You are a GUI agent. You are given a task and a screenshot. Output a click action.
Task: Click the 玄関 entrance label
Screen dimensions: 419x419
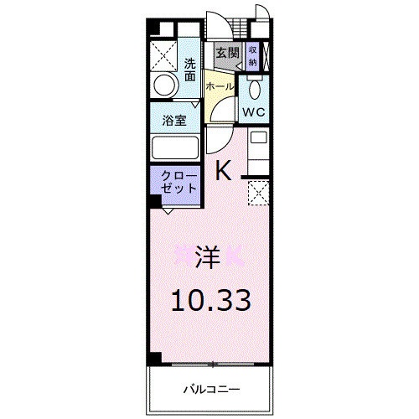coord(226,53)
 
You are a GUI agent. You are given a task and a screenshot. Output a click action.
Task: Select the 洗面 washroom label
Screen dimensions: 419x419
coord(190,69)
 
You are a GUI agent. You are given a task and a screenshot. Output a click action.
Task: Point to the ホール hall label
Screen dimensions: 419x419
coord(219,87)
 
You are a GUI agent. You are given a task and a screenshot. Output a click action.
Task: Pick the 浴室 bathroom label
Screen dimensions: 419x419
coord(174,120)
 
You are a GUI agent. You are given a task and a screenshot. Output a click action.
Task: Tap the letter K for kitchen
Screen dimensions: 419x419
coord(224,171)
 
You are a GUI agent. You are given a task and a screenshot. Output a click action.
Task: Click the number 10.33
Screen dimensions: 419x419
coord(210,299)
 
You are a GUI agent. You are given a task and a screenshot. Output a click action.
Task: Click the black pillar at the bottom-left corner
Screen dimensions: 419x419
coord(155,359)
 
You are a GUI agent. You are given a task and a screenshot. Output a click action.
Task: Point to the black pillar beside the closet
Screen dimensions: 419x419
coord(155,201)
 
